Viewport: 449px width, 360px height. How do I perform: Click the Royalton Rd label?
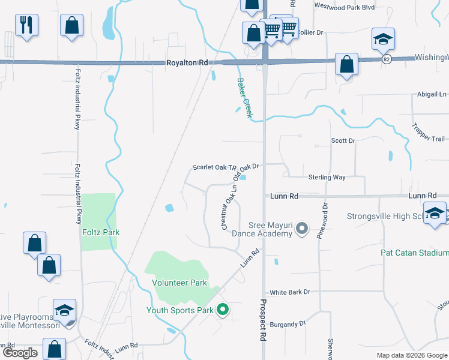[x=187, y=62]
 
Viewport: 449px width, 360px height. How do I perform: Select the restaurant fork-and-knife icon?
[x=26, y=25]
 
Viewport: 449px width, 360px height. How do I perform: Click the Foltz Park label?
[x=101, y=232]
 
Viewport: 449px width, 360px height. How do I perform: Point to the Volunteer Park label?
[x=179, y=283]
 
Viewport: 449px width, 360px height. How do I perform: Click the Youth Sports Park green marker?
[x=223, y=310]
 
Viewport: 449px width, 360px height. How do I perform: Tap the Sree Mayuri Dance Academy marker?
[x=303, y=229]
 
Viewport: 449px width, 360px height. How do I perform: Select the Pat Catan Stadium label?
[x=414, y=253]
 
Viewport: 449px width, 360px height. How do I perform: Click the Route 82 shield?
[x=386, y=59]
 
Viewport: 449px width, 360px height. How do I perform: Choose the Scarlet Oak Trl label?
[x=212, y=167]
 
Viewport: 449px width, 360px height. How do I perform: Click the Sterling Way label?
[x=327, y=178]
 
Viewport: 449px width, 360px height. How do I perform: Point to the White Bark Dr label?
[x=290, y=292]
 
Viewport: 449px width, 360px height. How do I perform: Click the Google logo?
[x=20, y=353]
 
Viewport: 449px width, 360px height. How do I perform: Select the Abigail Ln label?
[x=432, y=94]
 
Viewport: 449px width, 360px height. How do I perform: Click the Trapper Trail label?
[x=428, y=132]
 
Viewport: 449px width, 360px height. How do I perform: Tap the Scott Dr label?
[x=343, y=141]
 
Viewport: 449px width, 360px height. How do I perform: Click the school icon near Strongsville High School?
[x=434, y=214]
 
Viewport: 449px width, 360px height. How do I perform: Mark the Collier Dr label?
[x=310, y=32]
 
